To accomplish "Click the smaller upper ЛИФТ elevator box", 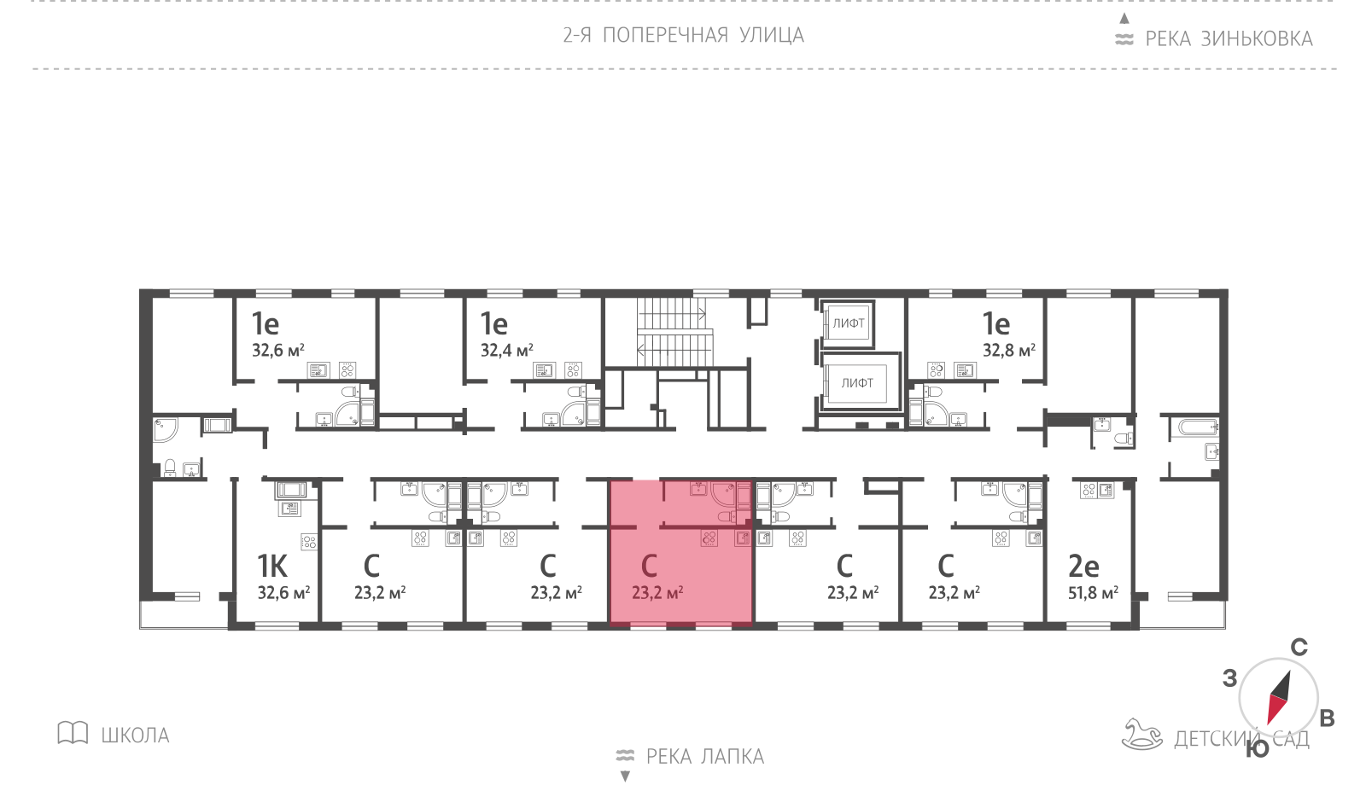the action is pyautogui.click(x=849, y=323).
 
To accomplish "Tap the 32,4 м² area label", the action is pyautogui.click(x=507, y=351).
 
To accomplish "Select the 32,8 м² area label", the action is pyautogui.click(x=1008, y=351).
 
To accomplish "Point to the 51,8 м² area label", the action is pyautogui.click(x=1093, y=592).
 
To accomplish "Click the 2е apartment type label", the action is pyautogui.click(x=1083, y=567).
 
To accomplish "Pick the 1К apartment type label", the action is pyautogui.click(x=272, y=567).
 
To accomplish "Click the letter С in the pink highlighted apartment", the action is pyautogui.click(x=649, y=567).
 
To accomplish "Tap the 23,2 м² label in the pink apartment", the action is pyautogui.click(x=657, y=592).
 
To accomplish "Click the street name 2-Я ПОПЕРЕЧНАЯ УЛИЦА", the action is pyautogui.click(x=683, y=35).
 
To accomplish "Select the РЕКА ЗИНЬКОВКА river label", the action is pyautogui.click(x=1229, y=39).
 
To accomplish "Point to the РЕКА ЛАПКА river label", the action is pyautogui.click(x=705, y=756).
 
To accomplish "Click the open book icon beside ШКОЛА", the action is pyautogui.click(x=73, y=733).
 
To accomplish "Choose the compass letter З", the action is pyautogui.click(x=1229, y=678).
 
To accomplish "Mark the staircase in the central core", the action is pyautogui.click(x=675, y=332).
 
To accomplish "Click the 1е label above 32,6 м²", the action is pyautogui.click(x=266, y=323).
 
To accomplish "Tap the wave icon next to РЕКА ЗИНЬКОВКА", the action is pyautogui.click(x=1124, y=39).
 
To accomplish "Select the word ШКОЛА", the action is pyautogui.click(x=136, y=736).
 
